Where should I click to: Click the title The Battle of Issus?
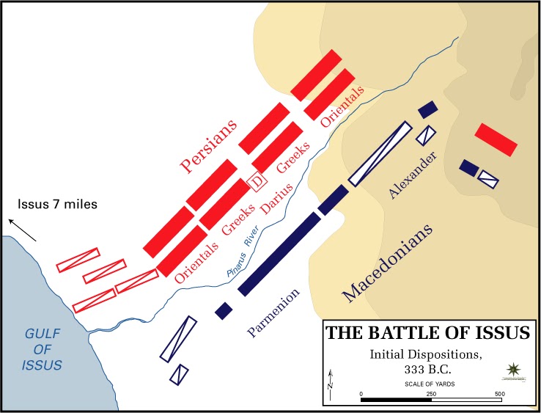(427, 333)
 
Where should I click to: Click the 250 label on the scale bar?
(431, 394)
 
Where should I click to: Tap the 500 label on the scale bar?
(498, 394)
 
